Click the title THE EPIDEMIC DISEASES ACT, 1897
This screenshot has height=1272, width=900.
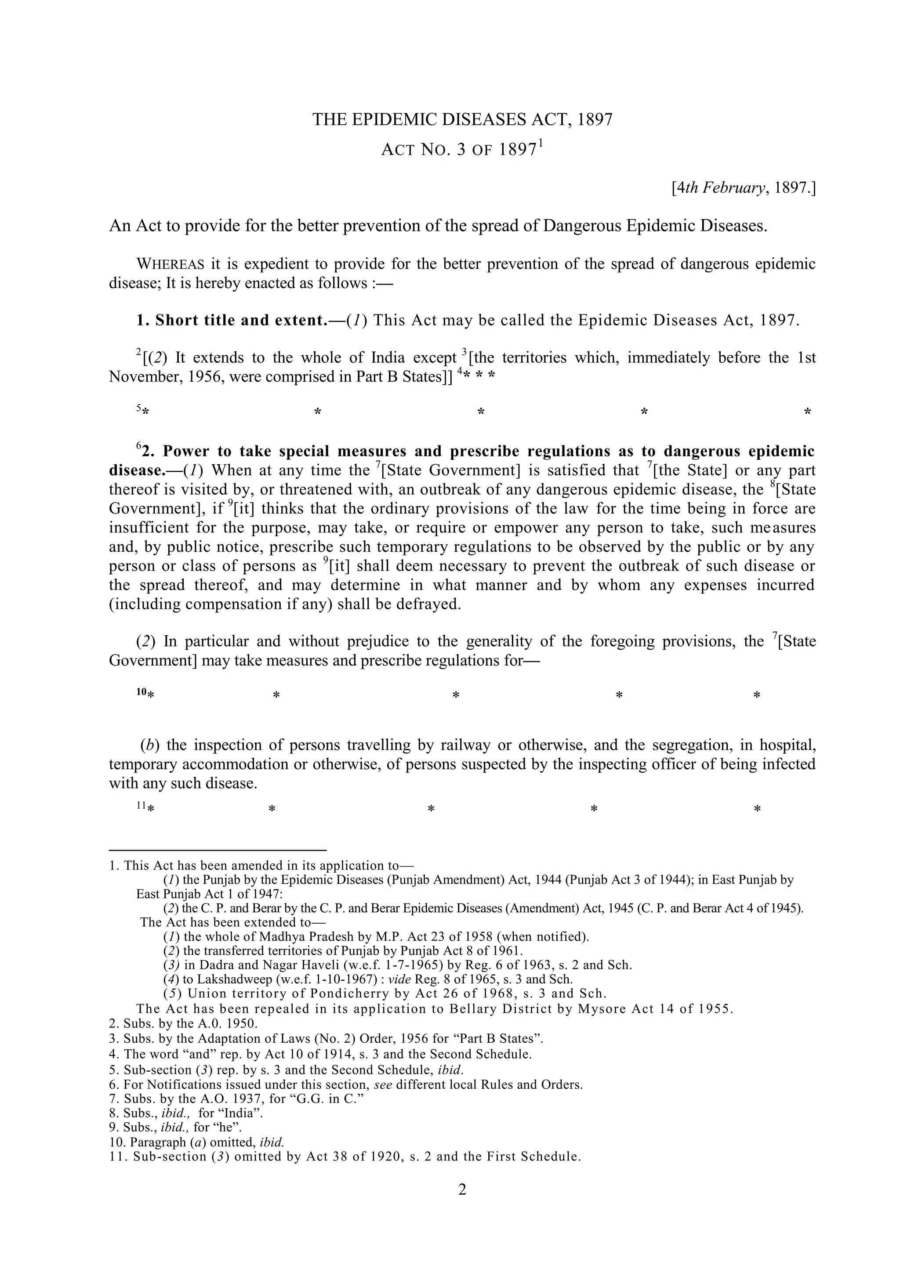pyautogui.click(x=462, y=119)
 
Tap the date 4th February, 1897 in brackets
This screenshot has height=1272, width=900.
pyautogui.click(x=743, y=188)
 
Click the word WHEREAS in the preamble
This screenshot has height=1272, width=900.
pyautogui.click(x=170, y=264)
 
